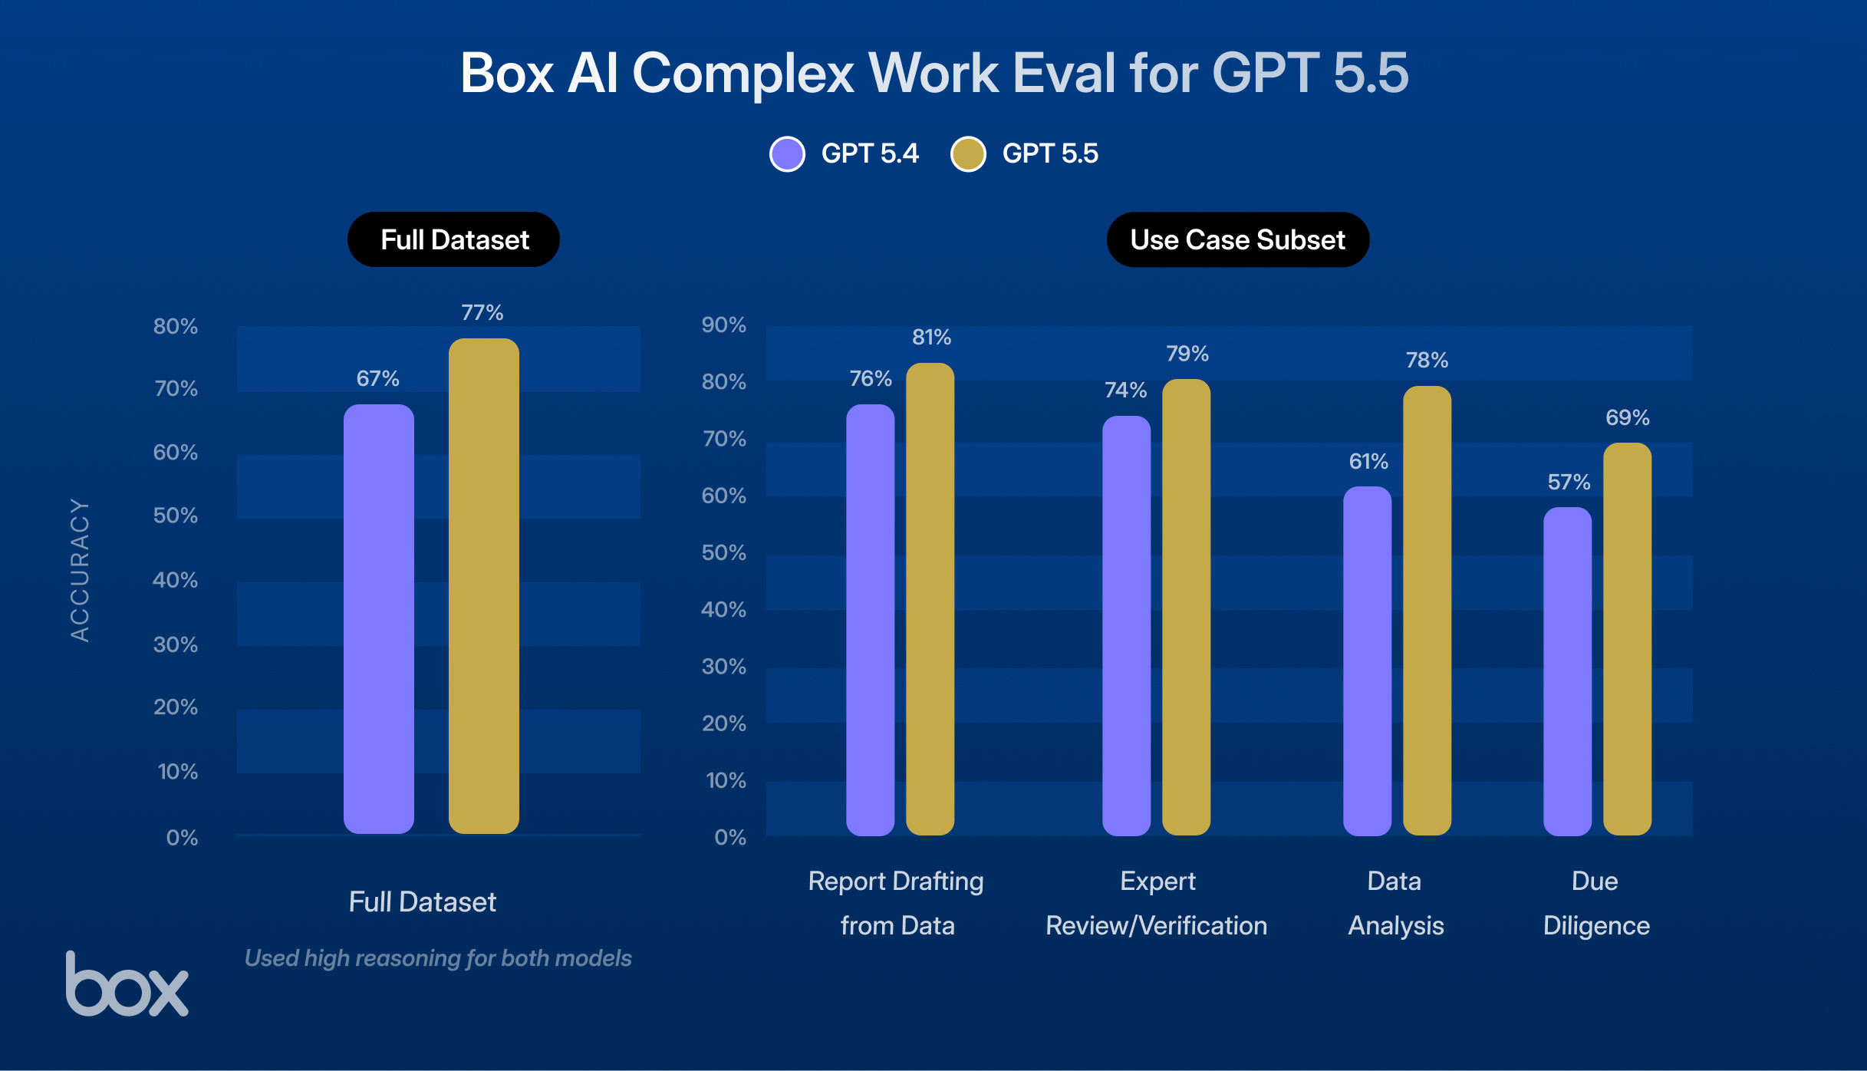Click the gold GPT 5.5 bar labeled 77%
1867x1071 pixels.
pyautogui.click(x=483, y=587)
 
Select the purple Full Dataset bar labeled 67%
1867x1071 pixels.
pyautogui.click(x=378, y=619)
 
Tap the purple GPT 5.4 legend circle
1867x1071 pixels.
pyautogui.click(x=787, y=154)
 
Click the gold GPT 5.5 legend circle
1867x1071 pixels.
pyautogui.click(x=968, y=154)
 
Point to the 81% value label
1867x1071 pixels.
pyautogui.click(x=931, y=338)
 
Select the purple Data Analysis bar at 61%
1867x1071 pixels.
pyautogui.click(x=1367, y=661)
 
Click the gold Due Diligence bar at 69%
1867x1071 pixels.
pyautogui.click(x=1627, y=639)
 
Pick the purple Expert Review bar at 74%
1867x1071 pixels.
pyautogui.click(x=1126, y=625)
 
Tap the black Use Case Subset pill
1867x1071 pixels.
pyautogui.click(x=1237, y=240)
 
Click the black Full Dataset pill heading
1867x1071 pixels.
pyautogui.click(x=454, y=240)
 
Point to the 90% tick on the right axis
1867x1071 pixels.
pyautogui.click(x=723, y=325)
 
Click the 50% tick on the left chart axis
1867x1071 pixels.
pyautogui.click(x=175, y=516)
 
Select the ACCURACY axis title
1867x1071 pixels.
pyautogui.click(x=80, y=570)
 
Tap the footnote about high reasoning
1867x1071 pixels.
pyautogui.click(x=437, y=958)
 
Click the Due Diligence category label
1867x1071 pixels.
pyautogui.click(x=1595, y=903)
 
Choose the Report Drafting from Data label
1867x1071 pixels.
pyautogui.click(x=896, y=903)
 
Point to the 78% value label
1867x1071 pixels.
pyautogui.click(x=1427, y=361)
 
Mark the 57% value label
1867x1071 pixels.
pyautogui.click(x=1569, y=483)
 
